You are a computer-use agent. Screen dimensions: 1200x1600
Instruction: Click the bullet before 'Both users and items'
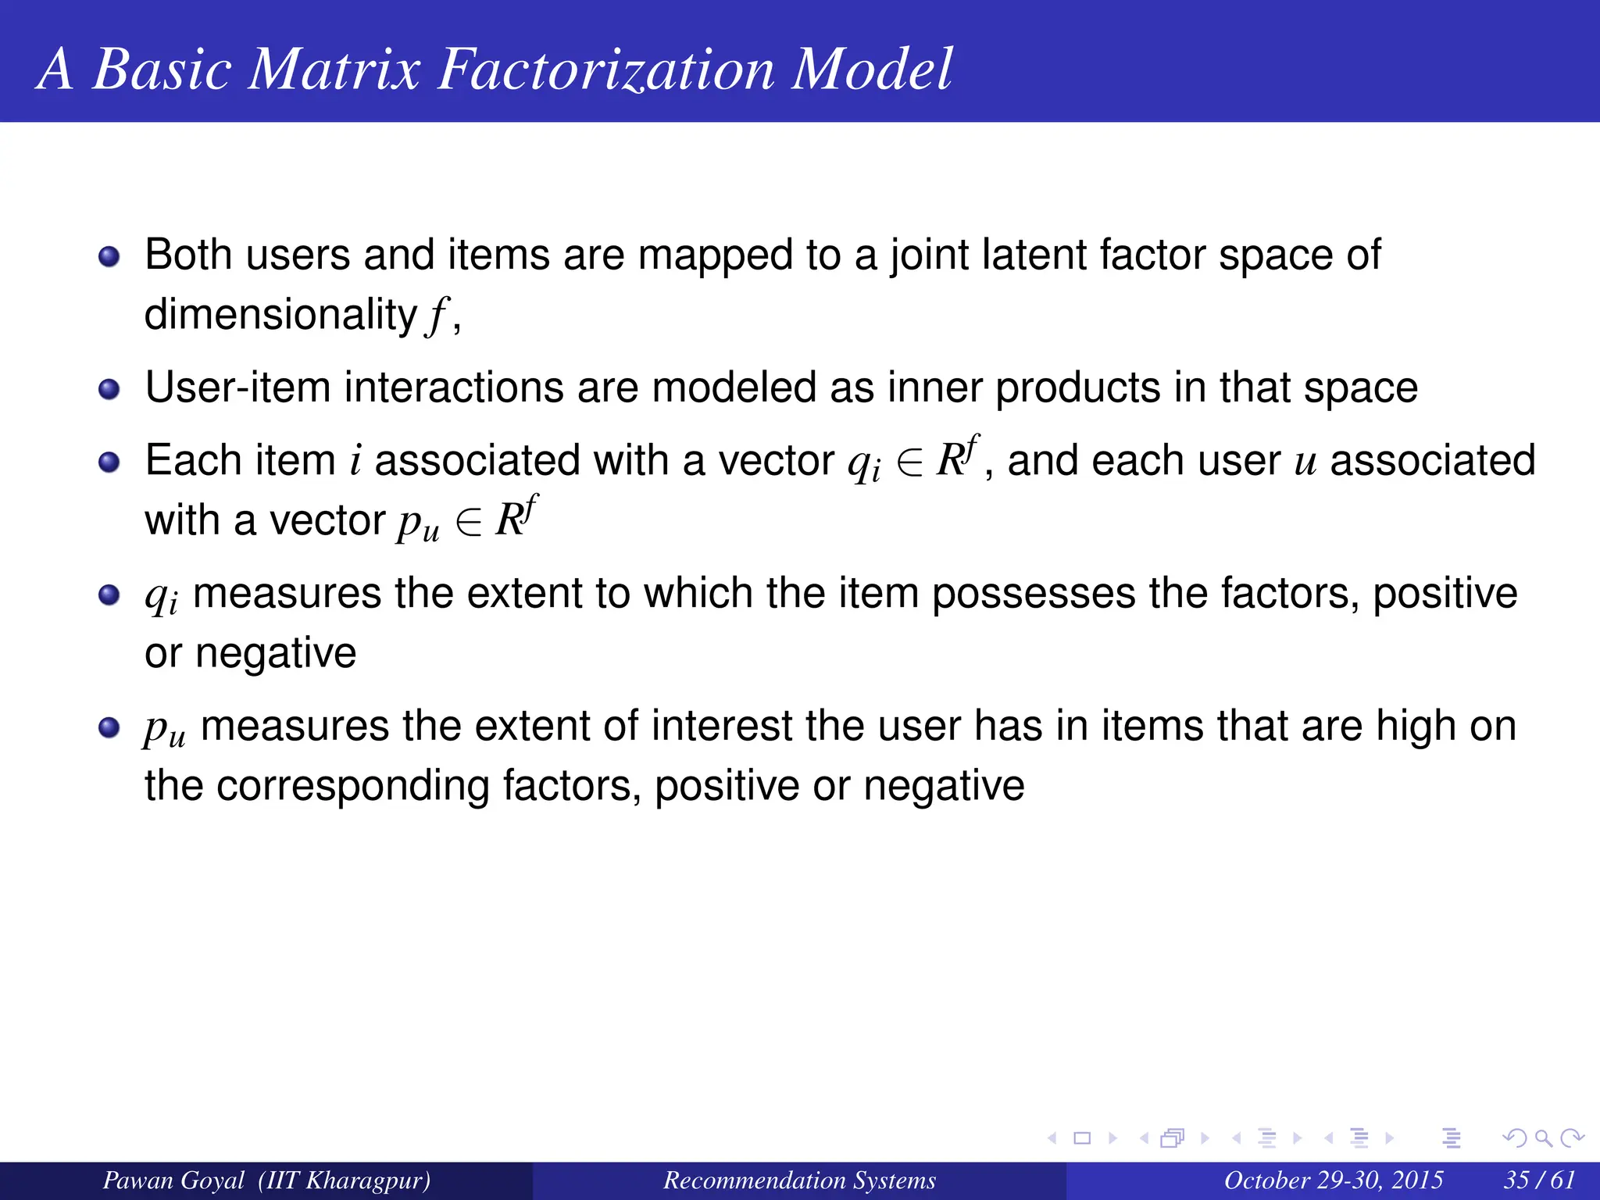pos(109,256)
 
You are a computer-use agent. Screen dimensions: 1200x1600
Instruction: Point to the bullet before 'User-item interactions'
pos(109,389)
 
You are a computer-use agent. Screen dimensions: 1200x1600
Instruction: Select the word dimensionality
pos(280,315)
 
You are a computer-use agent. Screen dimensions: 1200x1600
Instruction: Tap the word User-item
pos(237,387)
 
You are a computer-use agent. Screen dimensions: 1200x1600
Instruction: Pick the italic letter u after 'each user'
pos(1305,461)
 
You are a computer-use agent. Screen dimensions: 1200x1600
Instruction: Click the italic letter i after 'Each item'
pos(355,460)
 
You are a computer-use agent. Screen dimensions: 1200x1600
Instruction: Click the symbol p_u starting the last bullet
pos(164,730)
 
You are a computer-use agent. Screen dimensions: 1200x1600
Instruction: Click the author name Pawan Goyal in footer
pos(173,1180)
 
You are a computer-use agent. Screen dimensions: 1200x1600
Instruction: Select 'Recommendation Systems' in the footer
pos(799,1180)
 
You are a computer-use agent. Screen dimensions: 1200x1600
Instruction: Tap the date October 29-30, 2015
pos(1333,1180)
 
